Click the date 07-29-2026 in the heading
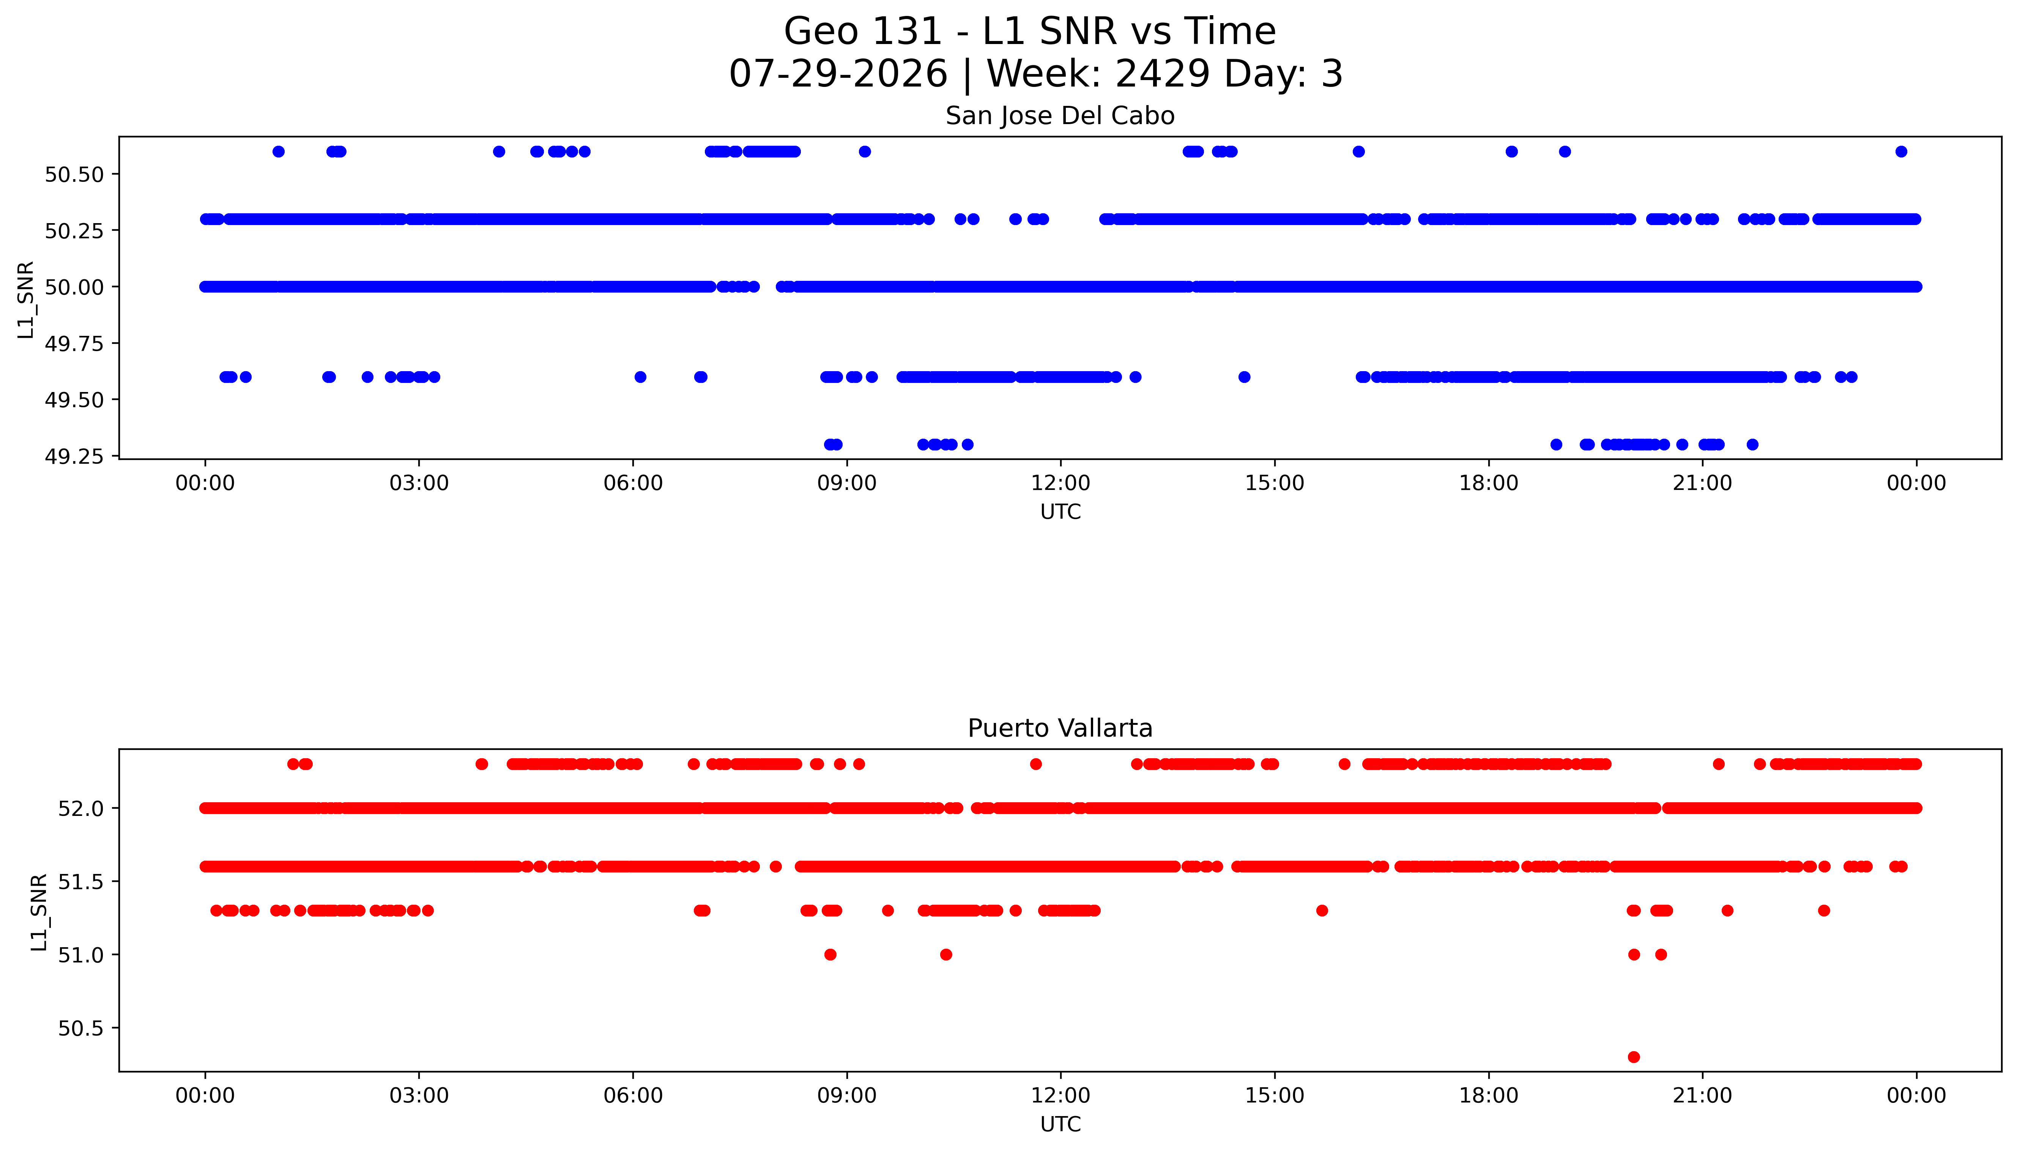point(838,74)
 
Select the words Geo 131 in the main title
point(863,31)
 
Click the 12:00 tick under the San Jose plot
point(1060,483)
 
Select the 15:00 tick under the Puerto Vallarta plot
point(1275,1096)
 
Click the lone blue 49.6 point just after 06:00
point(640,377)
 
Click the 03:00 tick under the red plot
point(419,1096)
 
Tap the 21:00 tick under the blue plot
point(1702,483)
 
